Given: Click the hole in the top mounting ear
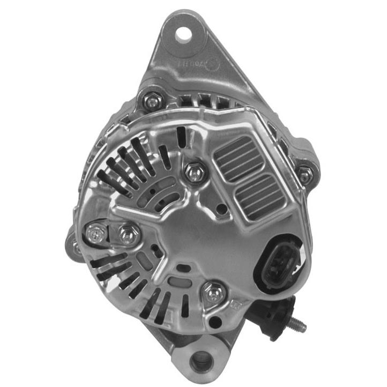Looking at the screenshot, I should [x=184, y=34].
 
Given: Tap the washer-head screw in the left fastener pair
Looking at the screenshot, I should [x=95, y=234].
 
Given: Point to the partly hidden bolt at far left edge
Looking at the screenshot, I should [x=76, y=247].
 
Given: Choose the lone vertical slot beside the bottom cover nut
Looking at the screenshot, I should [x=185, y=305].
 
